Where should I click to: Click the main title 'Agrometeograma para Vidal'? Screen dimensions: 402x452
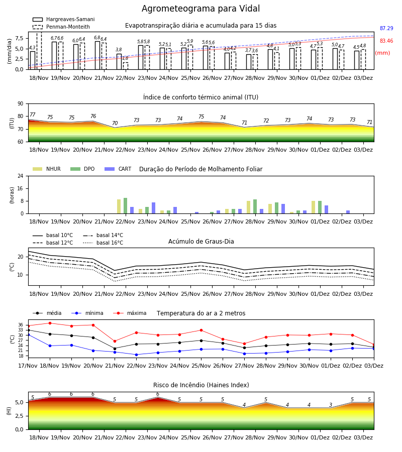point(200,9)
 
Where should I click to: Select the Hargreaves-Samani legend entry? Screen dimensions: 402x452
point(63,19)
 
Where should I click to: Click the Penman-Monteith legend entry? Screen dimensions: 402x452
point(61,27)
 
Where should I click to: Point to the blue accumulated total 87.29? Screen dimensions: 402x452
point(386,28)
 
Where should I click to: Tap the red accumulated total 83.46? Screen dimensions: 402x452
point(386,41)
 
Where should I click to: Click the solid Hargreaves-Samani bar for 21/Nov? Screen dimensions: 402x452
point(97,55)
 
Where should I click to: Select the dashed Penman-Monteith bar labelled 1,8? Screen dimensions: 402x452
point(126,66)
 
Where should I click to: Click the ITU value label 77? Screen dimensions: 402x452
point(32,115)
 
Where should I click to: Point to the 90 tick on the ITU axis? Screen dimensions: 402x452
point(21,104)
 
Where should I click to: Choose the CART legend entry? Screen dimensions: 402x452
point(118,169)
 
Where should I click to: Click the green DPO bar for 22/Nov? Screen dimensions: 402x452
point(126,206)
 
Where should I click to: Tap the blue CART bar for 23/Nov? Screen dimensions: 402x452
point(154,208)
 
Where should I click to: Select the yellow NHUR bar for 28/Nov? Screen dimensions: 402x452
point(249,207)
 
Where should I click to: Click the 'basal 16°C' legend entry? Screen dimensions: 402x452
point(103,243)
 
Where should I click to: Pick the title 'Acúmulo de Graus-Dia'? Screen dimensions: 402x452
point(201,241)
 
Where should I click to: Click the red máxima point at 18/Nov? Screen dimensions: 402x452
point(50,323)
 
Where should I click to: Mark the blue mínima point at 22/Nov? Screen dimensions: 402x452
point(136,355)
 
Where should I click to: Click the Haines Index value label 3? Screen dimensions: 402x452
point(331,405)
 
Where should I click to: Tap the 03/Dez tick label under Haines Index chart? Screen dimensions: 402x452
point(363,437)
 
